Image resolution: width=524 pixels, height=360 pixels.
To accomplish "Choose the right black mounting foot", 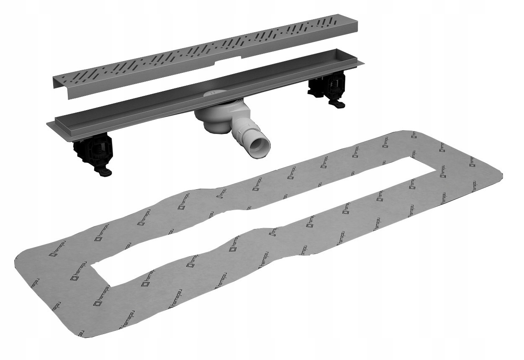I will pyautogui.click(x=329, y=88).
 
